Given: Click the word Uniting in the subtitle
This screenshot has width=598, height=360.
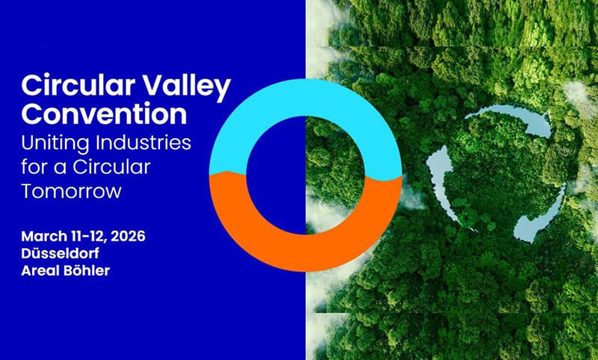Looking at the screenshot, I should pos(55,142).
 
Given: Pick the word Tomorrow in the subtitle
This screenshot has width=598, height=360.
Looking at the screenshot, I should pos(71,191).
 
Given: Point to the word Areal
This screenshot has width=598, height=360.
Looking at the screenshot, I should pos(41,270).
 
